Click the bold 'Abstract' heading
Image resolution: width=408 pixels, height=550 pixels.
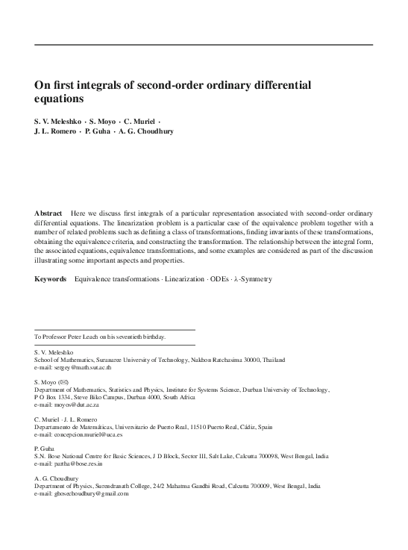[x=48, y=213]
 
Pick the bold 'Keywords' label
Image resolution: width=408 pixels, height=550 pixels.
[x=51, y=279]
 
